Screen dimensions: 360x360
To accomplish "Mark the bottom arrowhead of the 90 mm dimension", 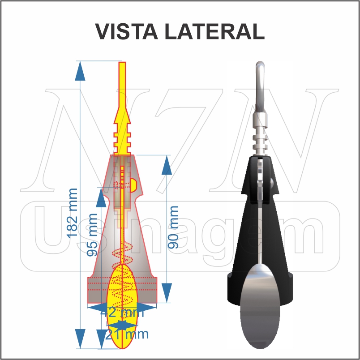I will (x=167, y=293).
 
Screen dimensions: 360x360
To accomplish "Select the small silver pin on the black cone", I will (x=272, y=181).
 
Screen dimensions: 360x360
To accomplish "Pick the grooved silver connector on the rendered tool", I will (x=260, y=134).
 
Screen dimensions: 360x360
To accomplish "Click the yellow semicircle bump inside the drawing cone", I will (x=134, y=184).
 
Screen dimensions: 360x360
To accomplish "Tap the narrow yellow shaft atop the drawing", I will (x=122, y=83).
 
